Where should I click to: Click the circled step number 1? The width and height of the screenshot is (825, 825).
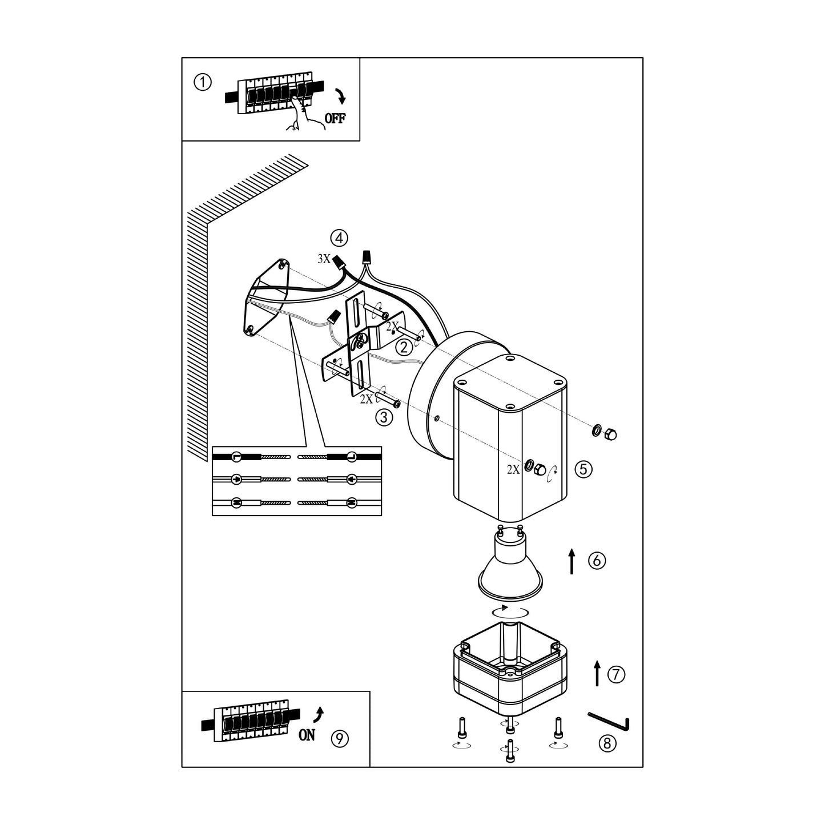pos(203,83)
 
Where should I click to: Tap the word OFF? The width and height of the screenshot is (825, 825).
pos(335,119)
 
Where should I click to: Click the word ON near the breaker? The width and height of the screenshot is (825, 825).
pos(307,735)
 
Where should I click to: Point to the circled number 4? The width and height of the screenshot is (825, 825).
pos(339,237)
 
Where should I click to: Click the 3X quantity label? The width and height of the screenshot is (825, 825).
pos(324,259)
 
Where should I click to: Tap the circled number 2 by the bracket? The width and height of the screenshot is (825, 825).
pos(404,347)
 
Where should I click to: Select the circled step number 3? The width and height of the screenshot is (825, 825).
pos(384,417)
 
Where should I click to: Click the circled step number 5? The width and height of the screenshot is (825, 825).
pos(583,469)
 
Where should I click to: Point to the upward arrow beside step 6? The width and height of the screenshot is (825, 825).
pos(572,561)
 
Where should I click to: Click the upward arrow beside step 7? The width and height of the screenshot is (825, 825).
pos(597,674)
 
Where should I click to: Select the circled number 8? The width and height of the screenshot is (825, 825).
pos(607,743)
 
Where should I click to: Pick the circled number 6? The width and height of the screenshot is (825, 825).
pos(597,561)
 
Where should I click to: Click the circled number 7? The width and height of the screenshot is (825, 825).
pos(616,675)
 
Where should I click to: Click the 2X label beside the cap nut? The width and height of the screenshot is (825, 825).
pos(513,470)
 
